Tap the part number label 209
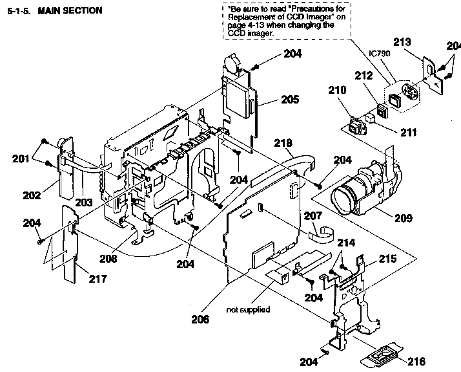coord(403,218)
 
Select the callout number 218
coord(283,142)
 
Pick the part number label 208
coord(107,258)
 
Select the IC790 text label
coord(379,54)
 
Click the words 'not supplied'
coord(248,309)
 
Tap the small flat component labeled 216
coord(381,355)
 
